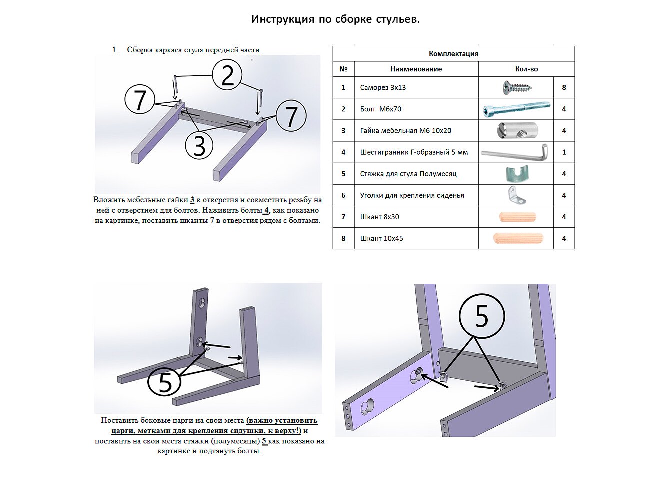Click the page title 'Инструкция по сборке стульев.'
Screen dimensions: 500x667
coord(335,19)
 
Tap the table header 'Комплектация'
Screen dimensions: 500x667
coord(453,54)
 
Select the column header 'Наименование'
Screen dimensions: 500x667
coord(416,69)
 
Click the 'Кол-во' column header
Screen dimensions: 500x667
coord(526,69)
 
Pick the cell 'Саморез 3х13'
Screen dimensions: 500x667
coord(383,88)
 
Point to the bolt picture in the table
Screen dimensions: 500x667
coord(516,109)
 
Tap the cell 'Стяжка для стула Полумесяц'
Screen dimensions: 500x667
coord(408,174)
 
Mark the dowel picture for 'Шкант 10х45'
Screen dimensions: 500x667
coord(518,238)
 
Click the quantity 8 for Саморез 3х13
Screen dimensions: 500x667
coord(564,88)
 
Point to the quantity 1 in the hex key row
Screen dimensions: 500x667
coord(564,152)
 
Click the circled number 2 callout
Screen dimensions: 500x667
coord(227,75)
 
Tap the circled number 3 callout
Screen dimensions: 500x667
coord(199,146)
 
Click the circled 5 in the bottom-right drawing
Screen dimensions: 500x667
coord(482,316)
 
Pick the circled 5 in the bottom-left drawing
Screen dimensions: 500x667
coord(165,383)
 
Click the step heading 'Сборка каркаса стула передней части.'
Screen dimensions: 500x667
coord(194,50)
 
